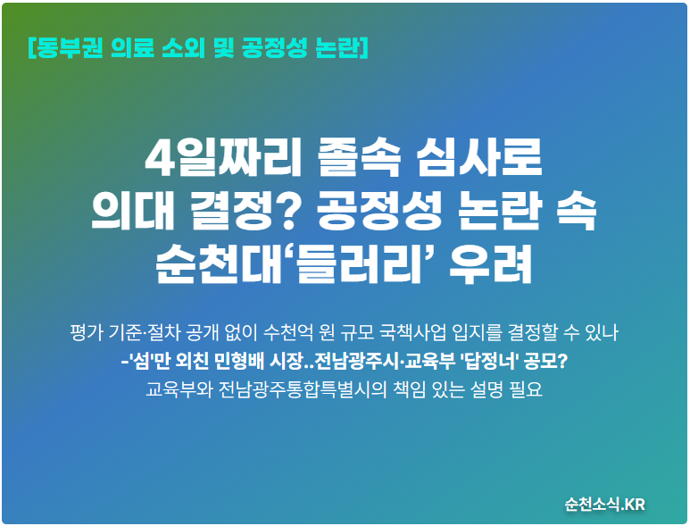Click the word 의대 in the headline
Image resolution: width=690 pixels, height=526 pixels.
coord(132,212)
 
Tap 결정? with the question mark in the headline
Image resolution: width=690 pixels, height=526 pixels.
coord(244,212)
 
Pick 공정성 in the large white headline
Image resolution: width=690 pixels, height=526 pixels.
coord(378,212)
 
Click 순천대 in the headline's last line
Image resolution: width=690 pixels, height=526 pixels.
coord(219,264)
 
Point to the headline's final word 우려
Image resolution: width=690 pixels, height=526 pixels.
coord(491,264)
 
